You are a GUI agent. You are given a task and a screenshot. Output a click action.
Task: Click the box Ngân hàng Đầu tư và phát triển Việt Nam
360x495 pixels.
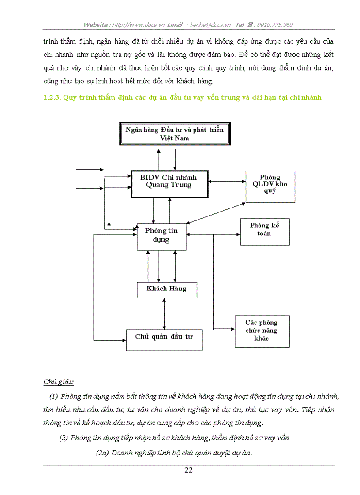pyautogui.click(x=174, y=134)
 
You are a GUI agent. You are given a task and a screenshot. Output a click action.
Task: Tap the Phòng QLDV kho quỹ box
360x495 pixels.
pyautogui.click(x=270, y=186)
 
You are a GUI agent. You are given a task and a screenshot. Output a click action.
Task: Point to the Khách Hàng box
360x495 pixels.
pyautogui.click(x=166, y=289)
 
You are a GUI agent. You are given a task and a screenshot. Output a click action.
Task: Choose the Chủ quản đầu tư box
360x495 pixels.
pyautogui.click(x=164, y=340)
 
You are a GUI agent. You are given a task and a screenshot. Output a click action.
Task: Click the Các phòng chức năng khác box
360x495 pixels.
pyautogui.click(x=262, y=331)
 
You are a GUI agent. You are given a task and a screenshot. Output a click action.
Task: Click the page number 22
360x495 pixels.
pyautogui.click(x=188, y=470)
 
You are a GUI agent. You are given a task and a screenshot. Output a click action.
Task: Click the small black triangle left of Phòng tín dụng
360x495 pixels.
pyautogui.click(x=109, y=224)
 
